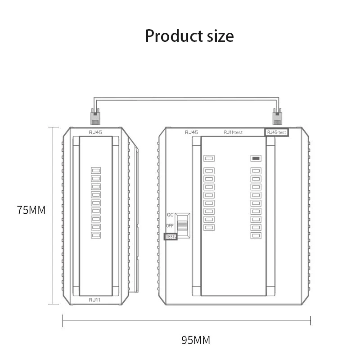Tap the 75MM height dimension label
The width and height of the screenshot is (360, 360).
[x=31, y=210]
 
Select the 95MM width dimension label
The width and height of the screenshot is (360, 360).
[x=196, y=340]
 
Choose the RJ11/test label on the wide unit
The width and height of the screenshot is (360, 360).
[x=233, y=132]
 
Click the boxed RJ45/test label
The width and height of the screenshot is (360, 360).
[x=276, y=132]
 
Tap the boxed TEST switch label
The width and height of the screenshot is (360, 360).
[x=171, y=237]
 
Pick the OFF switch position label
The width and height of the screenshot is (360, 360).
[x=170, y=226]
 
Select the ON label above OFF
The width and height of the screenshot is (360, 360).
[x=170, y=215]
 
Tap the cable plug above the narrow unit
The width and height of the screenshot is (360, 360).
[x=95, y=117]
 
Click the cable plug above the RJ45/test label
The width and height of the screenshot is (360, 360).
[x=277, y=117]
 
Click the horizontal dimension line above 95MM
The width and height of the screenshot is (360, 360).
[x=186, y=320]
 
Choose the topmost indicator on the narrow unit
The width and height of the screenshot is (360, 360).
[x=96, y=170]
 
